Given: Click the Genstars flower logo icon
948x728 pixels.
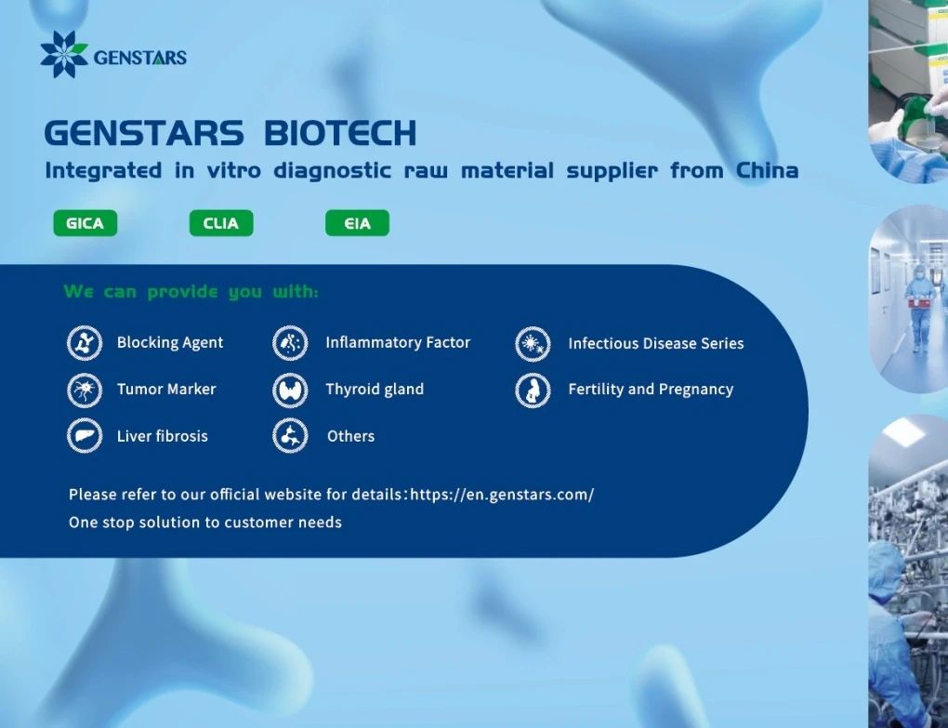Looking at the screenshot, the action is [63, 55].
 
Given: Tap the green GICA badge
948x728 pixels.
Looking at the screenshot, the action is [86, 223].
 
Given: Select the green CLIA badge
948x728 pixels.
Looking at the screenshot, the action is [221, 223].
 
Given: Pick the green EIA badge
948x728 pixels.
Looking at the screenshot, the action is [357, 223].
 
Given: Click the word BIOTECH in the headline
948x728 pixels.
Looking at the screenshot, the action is [340, 132].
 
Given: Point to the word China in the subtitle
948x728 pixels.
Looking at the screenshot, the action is [767, 170].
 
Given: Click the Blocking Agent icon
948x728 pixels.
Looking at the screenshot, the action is [85, 343].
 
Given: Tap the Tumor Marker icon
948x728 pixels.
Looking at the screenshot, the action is [85, 390].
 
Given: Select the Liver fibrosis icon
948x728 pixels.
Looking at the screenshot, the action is [85, 435].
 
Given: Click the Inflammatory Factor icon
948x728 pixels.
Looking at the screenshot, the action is [290, 343].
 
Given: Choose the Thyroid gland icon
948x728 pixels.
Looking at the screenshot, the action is [290, 390].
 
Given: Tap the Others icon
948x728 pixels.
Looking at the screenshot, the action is [290, 435].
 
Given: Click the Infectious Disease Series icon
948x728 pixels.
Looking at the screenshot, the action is [533, 344].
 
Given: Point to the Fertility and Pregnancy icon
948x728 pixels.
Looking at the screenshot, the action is [533, 390].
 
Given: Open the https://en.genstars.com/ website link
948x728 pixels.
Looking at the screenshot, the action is [503, 495].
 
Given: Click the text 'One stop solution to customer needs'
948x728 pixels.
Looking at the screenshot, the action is [205, 523].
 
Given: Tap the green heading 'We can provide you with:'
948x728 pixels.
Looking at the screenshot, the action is [191, 292].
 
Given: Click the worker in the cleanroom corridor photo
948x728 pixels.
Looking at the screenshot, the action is [919, 307].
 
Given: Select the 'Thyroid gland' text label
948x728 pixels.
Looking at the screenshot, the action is [375, 390].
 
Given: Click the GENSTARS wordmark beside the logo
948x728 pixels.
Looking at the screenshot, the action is [140, 58].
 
